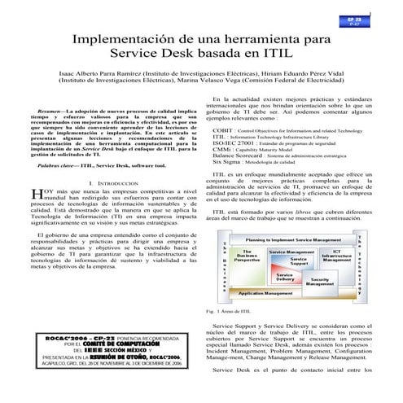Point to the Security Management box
pyautogui.click(x=320, y=281)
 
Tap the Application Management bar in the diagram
pyautogui.click(x=273, y=292)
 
